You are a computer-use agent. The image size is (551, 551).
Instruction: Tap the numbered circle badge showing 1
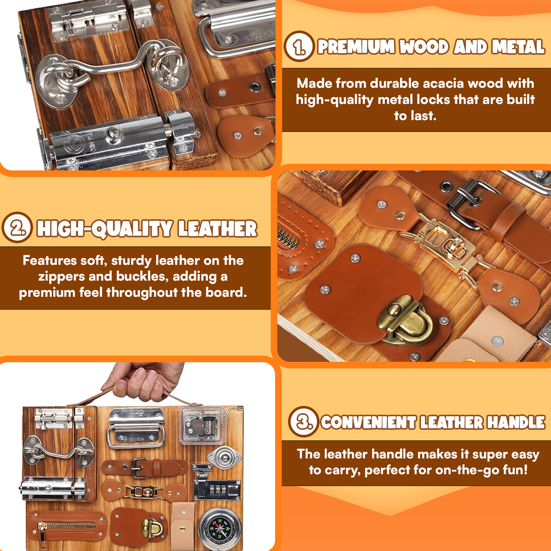point(299,47)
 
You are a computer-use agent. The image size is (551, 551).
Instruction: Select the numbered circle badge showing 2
point(17,228)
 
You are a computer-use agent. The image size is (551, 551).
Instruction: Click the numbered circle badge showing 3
point(304,422)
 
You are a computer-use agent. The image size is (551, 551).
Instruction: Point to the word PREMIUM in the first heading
point(356,47)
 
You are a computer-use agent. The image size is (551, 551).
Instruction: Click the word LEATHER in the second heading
point(218,229)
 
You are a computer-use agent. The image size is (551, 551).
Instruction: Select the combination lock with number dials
point(217,489)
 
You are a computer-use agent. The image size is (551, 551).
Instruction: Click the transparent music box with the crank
point(202,425)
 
